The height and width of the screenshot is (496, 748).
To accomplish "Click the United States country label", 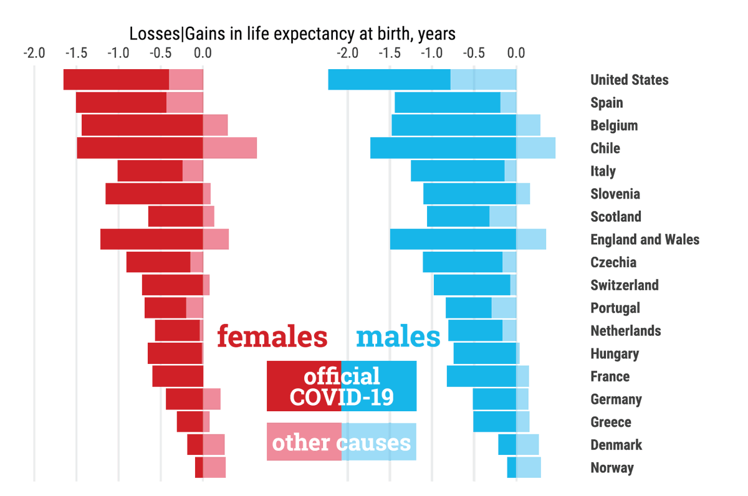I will (629, 80).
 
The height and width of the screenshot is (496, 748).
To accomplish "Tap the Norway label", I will (611, 468).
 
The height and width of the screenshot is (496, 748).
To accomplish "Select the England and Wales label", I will (645, 239).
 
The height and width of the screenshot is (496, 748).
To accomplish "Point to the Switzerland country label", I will (624, 285).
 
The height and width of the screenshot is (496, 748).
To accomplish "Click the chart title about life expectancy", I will (292, 33).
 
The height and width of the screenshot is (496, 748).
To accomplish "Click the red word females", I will (272, 337).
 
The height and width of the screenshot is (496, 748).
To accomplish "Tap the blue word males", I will (398, 337).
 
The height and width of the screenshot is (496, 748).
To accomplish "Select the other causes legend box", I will (341, 442).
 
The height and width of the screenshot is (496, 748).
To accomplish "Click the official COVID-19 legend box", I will (341, 386).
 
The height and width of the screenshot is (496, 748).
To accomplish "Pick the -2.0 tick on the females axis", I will (34, 53).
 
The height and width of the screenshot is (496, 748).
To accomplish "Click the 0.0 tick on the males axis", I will (516, 53).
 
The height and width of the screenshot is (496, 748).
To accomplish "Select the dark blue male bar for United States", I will (389, 80).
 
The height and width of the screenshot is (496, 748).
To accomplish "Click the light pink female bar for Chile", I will (229, 148).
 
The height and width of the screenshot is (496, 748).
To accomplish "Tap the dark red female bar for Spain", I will (121, 103).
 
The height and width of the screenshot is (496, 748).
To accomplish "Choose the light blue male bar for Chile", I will (535, 148).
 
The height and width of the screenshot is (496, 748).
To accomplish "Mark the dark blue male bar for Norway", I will (511, 468).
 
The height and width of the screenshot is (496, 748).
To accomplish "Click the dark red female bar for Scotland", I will (175, 217).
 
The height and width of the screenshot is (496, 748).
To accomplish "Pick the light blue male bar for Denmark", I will (527, 445).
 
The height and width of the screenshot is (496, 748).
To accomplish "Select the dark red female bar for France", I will (178, 376).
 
